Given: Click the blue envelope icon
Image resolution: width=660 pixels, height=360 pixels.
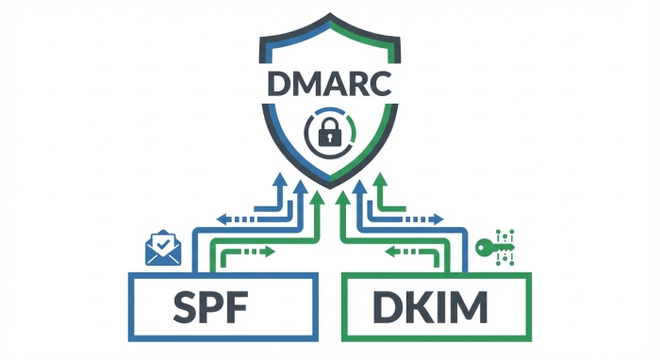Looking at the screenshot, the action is (x=161, y=248).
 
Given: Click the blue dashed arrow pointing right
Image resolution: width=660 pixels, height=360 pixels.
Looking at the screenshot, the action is (x=421, y=219).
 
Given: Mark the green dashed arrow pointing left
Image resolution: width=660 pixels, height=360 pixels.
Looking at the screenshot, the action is (x=406, y=252).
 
